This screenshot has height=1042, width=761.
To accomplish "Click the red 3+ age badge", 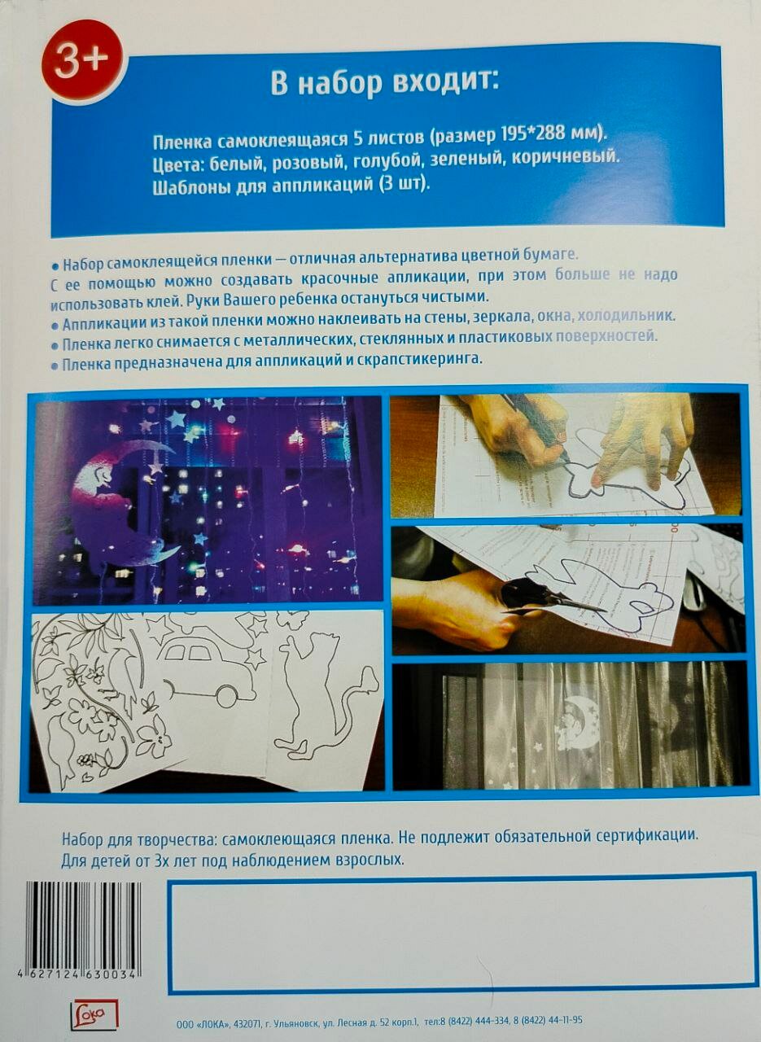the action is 84,63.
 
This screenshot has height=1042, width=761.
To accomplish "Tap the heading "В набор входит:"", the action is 385,84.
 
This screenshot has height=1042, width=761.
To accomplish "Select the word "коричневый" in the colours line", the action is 566,158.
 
